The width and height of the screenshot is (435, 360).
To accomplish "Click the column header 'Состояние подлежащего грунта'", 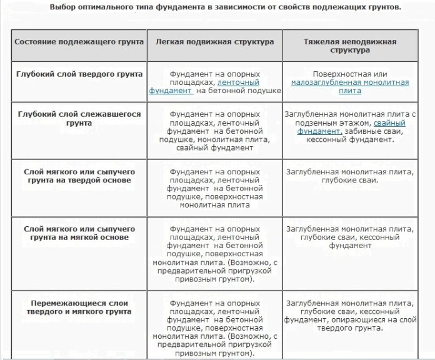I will pos(79,42).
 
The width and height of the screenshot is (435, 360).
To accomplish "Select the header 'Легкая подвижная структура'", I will pos(214,42).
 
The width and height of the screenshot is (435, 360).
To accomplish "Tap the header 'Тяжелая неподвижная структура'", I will pos(349,46).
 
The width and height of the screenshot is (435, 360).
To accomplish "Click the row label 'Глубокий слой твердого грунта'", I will pos(79,74).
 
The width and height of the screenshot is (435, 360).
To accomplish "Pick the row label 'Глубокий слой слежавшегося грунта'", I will pos(79,119).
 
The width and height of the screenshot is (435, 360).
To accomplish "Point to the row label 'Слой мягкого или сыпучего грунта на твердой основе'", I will pos(79,175).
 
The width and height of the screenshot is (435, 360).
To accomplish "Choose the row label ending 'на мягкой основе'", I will pos(79,233).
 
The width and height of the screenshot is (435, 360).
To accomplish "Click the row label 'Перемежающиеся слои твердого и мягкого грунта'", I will pos(79,307).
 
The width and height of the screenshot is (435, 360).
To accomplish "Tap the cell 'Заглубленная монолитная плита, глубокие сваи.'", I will pos(349,175).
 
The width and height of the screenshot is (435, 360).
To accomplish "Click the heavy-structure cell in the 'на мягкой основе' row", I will pos(349,237).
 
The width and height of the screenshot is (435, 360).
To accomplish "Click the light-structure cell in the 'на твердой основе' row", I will pos(214,187).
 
